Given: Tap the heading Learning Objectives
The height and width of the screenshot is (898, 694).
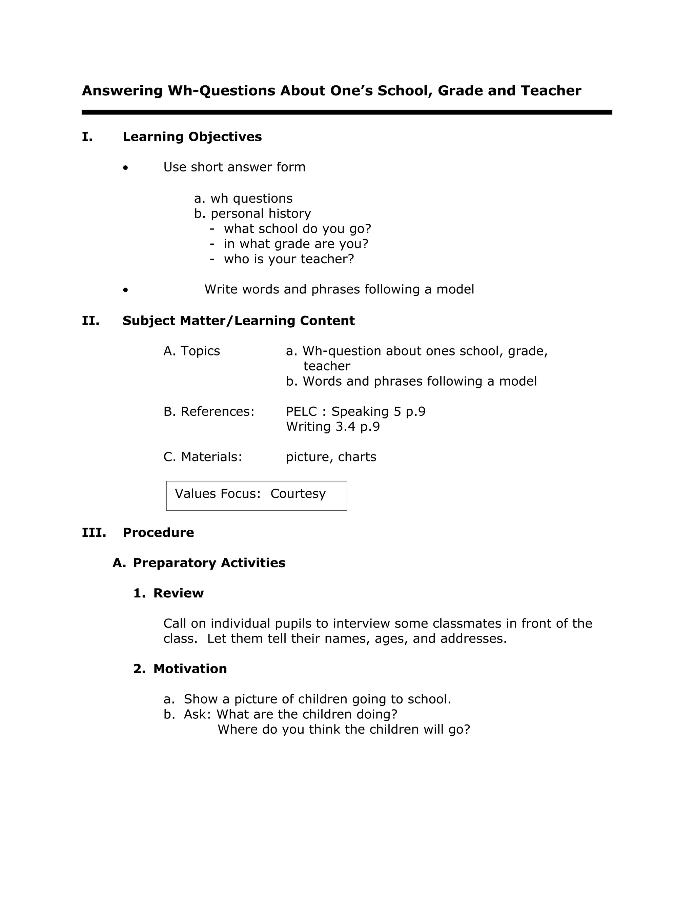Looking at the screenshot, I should point(192,137).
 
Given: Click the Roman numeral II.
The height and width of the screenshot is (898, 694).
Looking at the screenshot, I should point(90,321).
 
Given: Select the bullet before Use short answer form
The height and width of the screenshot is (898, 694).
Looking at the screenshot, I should point(125,168).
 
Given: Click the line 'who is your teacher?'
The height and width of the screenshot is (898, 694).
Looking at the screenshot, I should point(289,259).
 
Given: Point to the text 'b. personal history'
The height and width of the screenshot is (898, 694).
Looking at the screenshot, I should point(252,214).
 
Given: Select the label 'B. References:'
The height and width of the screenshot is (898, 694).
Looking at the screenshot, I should point(209,412).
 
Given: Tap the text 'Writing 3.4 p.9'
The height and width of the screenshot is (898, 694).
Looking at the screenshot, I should point(333,427).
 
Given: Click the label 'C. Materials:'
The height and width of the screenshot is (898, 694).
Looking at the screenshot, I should point(203,457).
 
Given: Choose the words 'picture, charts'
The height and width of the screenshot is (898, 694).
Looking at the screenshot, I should point(331,457).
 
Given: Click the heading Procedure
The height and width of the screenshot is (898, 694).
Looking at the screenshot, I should point(158,532).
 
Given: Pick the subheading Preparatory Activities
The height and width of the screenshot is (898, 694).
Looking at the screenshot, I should point(209,563).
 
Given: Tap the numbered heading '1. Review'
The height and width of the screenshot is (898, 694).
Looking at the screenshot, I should point(168,593).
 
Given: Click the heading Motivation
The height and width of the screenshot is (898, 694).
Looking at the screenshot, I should point(190,669).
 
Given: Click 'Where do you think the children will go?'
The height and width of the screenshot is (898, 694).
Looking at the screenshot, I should point(343,730).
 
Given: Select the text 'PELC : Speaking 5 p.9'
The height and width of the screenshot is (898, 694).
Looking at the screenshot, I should point(355,412).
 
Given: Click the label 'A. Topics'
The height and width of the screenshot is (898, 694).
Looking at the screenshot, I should point(191,351).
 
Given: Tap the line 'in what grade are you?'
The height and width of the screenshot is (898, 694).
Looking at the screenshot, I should point(295,244).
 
